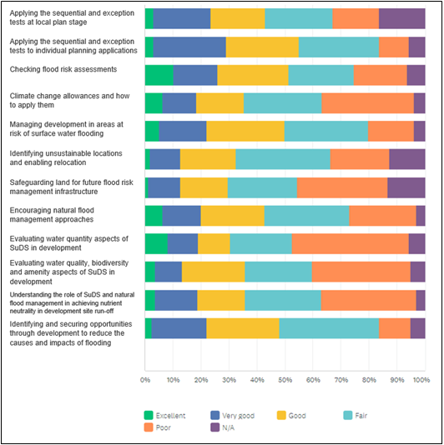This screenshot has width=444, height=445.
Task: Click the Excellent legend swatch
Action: [x=149, y=415]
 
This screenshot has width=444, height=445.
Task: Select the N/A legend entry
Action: [x=223, y=427]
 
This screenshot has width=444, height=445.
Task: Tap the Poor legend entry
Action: [x=158, y=427]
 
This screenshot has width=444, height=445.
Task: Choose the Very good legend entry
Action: [x=233, y=415]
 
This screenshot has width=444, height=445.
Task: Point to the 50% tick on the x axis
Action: [x=285, y=380]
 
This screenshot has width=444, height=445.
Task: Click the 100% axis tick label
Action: [x=421, y=380]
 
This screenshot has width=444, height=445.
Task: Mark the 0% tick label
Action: [x=145, y=380]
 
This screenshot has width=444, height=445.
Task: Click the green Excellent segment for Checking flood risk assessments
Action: [x=159, y=75]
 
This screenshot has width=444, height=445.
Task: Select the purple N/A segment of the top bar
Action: [x=402, y=18]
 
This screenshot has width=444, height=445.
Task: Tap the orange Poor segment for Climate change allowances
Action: [x=368, y=103]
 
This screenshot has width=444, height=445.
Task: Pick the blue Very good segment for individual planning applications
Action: [x=189, y=47]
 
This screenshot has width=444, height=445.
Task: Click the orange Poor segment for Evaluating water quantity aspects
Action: [x=351, y=243]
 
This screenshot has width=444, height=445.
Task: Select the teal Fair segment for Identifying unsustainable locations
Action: [x=283, y=159]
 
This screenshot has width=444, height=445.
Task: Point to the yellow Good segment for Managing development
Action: [x=245, y=131]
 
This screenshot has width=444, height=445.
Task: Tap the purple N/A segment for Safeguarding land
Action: [x=406, y=187]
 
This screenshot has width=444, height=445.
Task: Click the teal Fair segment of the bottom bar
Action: [x=329, y=328]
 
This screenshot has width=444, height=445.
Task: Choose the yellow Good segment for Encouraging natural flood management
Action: [x=233, y=216]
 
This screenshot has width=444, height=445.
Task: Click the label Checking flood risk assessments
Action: [x=63, y=69]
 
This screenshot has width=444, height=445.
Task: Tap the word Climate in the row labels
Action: [x=21, y=96]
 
